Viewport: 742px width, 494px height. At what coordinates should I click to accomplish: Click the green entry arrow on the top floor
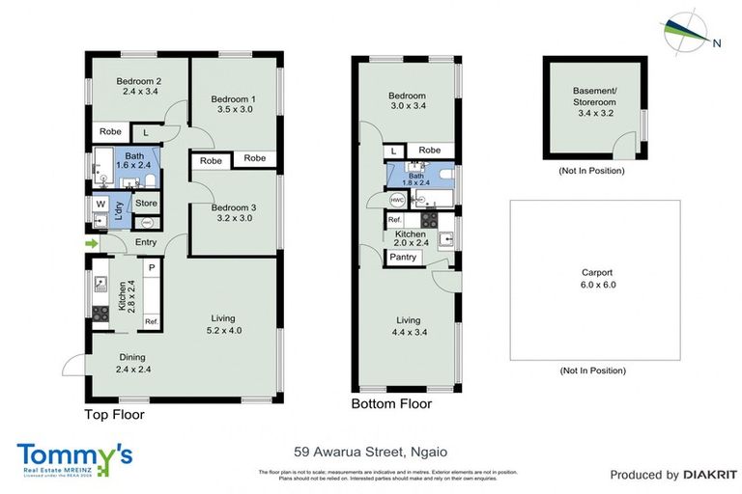[x=92, y=243]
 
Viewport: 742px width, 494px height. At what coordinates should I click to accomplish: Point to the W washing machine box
[x=100, y=204]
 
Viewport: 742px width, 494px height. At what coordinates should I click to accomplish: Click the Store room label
[x=146, y=204]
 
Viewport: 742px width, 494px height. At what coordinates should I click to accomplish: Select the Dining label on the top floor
[x=133, y=356]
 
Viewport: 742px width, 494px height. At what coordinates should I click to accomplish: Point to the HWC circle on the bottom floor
[x=396, y=200]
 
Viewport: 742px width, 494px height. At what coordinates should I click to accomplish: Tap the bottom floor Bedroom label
[x=407, y=96]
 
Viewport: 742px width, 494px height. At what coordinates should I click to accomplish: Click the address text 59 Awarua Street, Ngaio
[x=371, y=451]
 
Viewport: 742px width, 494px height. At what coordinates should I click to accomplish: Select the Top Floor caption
[x=113, y=415]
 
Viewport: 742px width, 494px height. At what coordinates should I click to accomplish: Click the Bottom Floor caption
[x=391, y=404]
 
